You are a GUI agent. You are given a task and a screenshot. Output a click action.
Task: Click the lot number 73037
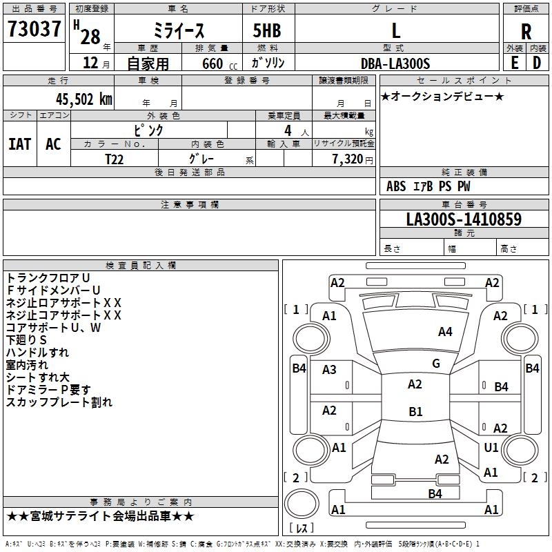(x=34, y=30)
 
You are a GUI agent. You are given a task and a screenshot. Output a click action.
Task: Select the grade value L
(x=396, y=30)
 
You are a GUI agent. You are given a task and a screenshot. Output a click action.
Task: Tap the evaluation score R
(x=526, y=32)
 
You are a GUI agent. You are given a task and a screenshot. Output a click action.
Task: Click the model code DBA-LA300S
(x=395, y=63)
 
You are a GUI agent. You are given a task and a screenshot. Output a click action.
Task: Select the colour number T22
(x=115, y=158)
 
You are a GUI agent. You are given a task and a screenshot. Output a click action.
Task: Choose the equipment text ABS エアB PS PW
(x=428, y=186)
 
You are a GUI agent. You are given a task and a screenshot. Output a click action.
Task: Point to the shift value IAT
(x=19, y=144)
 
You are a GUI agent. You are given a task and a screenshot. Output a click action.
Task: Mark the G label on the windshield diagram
(x=435, y=364)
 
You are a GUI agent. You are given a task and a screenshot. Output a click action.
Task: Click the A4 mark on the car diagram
(x=445, y=332)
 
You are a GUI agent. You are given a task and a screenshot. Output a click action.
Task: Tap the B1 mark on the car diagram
(x=415, y=412)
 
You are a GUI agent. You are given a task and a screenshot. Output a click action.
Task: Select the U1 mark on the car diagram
(x=491, y=448)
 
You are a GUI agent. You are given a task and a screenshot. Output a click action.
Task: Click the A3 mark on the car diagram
(x=329, y=370)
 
